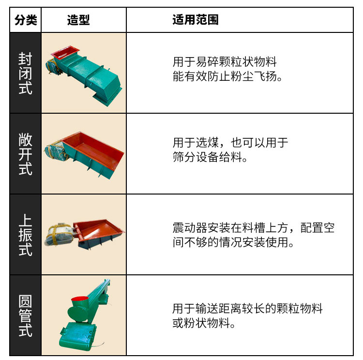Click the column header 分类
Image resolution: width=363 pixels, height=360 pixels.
pyautogui.click(x=26, y=20)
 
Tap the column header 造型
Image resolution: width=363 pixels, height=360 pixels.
pyautogui.click(x=78, y=20)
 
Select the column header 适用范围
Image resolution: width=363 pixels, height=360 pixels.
pyautogui.click(x=196, y=20)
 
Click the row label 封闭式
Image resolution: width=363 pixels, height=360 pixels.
pyautogui.click(x=26, y=73)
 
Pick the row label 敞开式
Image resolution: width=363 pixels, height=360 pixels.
pyautogui.click(x=26, y=154)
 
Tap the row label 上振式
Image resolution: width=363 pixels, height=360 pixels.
pyautogui.click(x=26, y=235)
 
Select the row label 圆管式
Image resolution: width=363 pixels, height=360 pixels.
pyautogui.click(x=26, y=315)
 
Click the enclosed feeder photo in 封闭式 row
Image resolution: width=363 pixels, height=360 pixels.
pyautogui.click(x=84, y=73)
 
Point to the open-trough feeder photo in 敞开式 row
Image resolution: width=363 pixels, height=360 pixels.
pyautogui.click(x=84, y=154)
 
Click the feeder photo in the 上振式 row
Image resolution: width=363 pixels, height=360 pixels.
pyautogui.click(x=84, y=235)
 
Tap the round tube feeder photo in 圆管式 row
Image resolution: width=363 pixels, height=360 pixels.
pyautogui.click(x=84, y=315)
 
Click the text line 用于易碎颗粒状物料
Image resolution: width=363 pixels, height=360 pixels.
pyautogui.click(x=225, y=62)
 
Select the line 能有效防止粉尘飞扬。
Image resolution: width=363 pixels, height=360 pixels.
pyautogui.click(x=227, y=76)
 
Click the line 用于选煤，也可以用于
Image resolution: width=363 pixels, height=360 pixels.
pyautogui.click(x=230, y=143)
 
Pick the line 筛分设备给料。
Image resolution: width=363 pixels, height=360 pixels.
pyautogui.click(x=210, y=157)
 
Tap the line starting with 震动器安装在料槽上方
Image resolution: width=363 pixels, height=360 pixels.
pyautogui.click(x=253, y=228)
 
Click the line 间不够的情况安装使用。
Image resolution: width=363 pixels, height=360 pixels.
pyautogui.click(x=233, y=242)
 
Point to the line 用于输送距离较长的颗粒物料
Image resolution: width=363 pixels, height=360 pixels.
pyautogui.click(x=247, y=309)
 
